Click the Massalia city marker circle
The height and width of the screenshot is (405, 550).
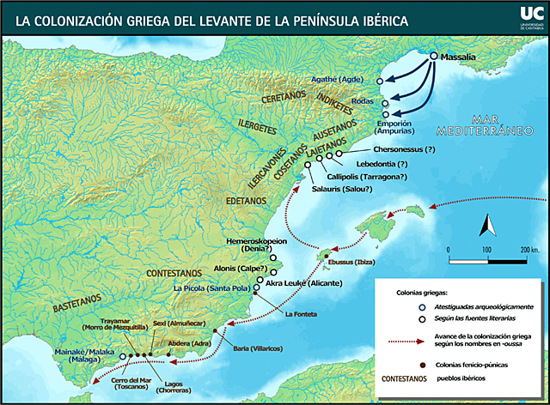(434, 57)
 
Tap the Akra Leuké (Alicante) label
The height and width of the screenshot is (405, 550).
(304, 283)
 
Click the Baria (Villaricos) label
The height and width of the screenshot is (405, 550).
(254, 348)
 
